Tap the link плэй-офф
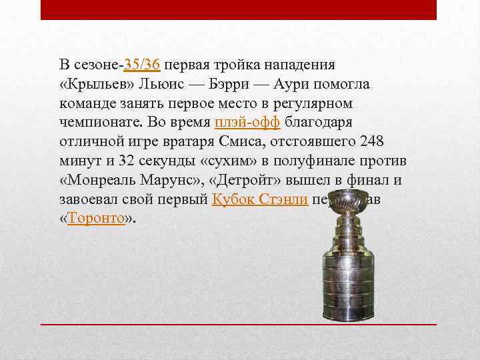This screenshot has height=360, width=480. (249, 123)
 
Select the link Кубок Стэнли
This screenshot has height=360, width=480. (259, 199)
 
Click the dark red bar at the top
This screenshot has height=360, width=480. (239, 9)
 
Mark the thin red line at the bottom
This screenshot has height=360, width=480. (239, 323)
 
